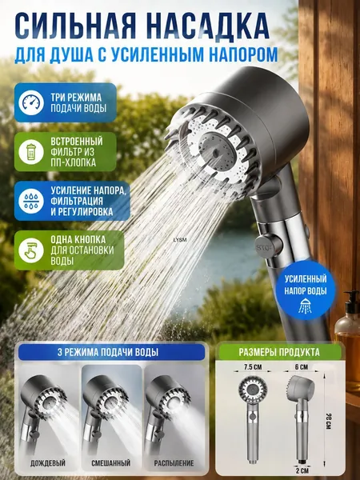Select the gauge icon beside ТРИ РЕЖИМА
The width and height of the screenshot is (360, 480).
pyautogui.click(x=31, y=103)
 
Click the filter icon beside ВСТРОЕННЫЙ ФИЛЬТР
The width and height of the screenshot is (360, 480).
pyautogui.click(x=31, y=152)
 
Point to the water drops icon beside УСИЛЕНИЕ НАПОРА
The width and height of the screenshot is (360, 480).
pyautogui.click(x=31, y=201)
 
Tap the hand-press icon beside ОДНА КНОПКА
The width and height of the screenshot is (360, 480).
pyautogui.click(x=31, y=250)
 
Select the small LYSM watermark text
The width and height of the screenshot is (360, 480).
pyautogui.click(x=180, y=240)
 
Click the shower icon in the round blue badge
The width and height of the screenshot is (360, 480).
pyautogui.click(x=306, y=306)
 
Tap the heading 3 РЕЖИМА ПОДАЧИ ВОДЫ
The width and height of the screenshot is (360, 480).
pyautogui.click(x=108, y=352)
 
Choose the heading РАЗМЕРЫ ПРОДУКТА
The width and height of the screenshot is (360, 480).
pyautogui.click(x=279, y=352)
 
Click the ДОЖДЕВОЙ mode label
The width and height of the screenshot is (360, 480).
pyautogui.click(x=48, y=463)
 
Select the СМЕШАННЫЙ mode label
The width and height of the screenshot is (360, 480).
pyautogui.click(x=111, y=463)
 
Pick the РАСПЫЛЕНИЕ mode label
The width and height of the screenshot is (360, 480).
pyautogui.click(x=174, y=463)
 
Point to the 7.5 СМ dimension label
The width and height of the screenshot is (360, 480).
pyautogui.click(x=253, y=366)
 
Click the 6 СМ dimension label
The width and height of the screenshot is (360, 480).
pyautogui.click(x=302, y=366)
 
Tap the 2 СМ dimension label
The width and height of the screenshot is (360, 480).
pyautogui.click(x=302, y=470)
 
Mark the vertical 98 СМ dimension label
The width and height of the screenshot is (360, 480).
pyautogui.click(x=327, y=421)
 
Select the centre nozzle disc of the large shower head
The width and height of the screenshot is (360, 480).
pyautogui.click(x=217, y=152)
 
